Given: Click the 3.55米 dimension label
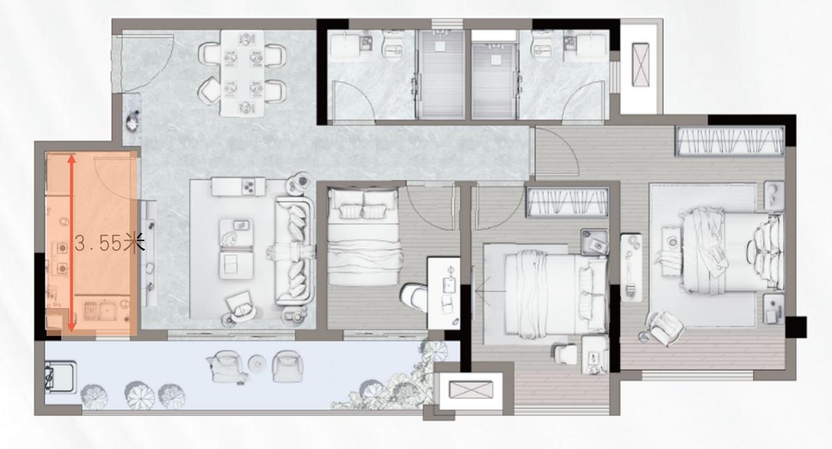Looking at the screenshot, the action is [x=110, y=243].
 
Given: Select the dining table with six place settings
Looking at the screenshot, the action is [x=243, y=73].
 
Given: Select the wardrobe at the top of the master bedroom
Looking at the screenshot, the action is [x=729, y=141].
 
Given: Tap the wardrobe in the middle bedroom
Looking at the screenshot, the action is [x=567, y=202].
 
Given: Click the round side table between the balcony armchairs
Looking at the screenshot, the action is [x=257, y=362].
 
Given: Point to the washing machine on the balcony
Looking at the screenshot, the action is [x=60, y=376].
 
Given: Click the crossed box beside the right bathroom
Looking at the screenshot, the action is [x=641, y=64].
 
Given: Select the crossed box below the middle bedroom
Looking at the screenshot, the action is [x=471, y=389].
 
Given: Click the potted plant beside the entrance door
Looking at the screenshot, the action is [x=132, y=121].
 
